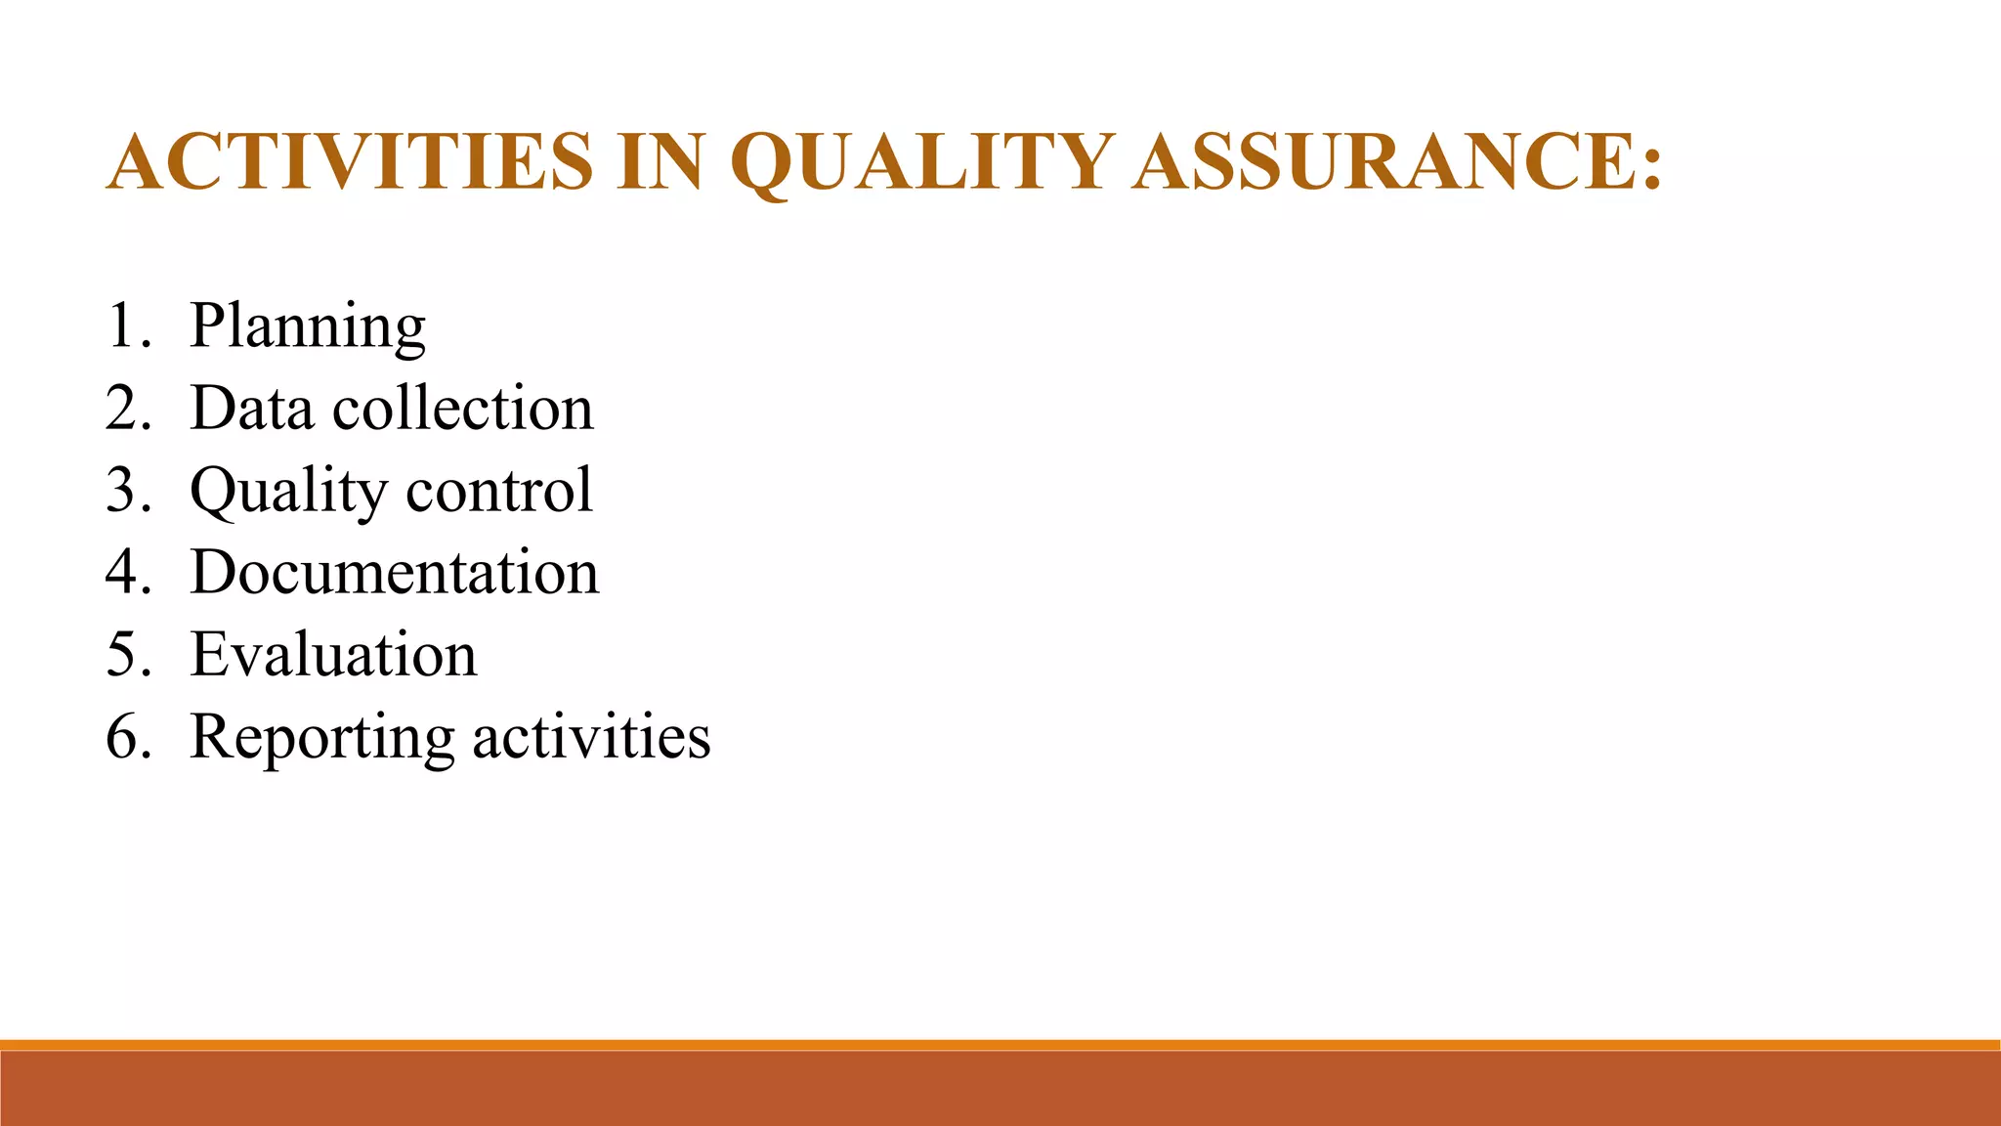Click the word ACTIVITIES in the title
(350, 161)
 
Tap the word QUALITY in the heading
(921, 161)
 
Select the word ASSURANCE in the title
(1384, 161)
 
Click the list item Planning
(307, 326)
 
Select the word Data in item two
(250, 408)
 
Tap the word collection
(463, 408)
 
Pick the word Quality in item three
(288, 491)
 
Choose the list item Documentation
(394, 572)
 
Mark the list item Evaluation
(333, 654)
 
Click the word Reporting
(321, 738)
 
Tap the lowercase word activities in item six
(591, 736)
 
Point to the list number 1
(123, 326)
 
